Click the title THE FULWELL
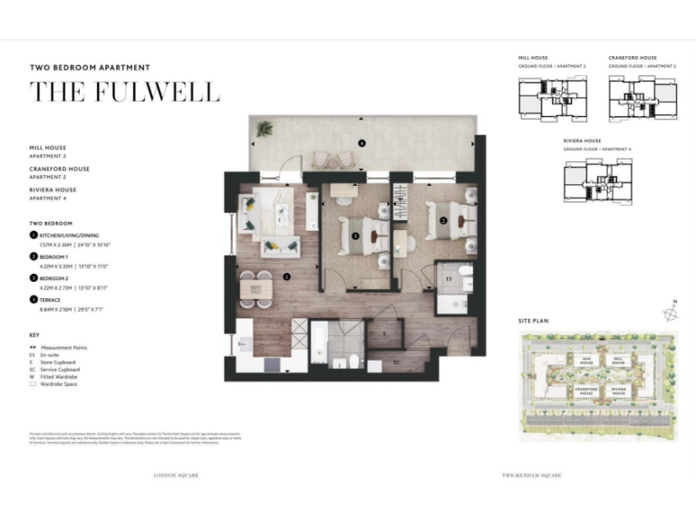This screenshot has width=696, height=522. [124, 92]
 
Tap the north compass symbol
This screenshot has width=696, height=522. [670, 313]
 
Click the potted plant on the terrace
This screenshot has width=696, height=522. [263, 130]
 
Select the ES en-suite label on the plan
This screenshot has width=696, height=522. [448, 279]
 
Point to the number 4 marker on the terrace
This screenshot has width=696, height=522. [361, 143]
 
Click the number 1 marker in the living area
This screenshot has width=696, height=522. [286, 277]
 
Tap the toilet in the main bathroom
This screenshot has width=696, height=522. [352, 362]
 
